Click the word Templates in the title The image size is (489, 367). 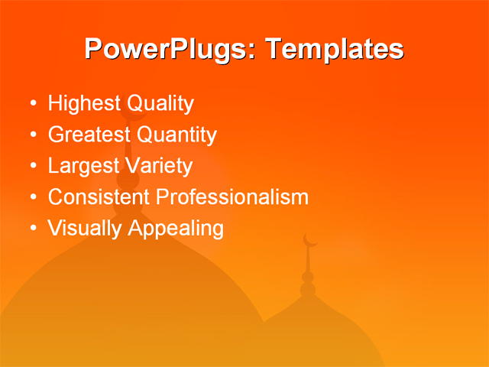(x=332, y=49)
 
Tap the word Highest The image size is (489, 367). (x=80, y=104)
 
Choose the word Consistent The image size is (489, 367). (x=99, y=196)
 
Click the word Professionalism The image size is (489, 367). (x=232, y=196)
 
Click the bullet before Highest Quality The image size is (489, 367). (x=32, y=104)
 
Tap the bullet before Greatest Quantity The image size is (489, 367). (x=32, y=135)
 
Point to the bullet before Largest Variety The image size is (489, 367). (x=32, y=166)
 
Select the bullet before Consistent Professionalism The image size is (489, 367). (x=32, y=196)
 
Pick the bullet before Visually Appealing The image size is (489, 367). (x=32, y=228)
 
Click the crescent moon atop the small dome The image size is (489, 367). (x=309, y=240)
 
